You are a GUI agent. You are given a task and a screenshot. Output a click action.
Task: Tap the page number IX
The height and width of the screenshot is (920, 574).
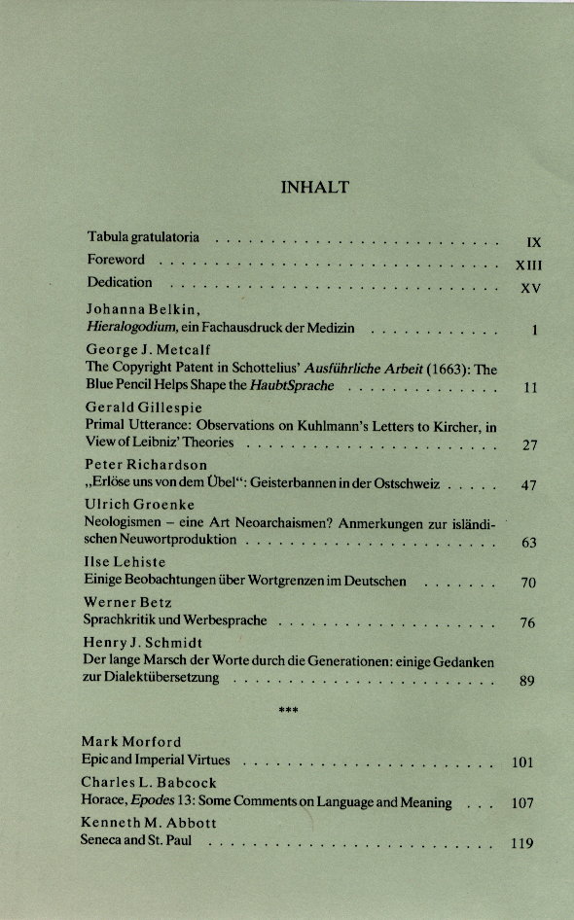point(532,242)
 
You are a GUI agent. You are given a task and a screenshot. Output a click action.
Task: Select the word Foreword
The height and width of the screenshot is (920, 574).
point(116,260)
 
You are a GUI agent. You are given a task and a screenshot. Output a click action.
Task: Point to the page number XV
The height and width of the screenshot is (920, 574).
point(530,288)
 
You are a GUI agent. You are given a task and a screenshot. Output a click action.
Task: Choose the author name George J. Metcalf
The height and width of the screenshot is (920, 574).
point(148,350)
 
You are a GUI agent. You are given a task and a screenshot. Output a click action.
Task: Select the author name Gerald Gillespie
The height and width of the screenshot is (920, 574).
point(144,407)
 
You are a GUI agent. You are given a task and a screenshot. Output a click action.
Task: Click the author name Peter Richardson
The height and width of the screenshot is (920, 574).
point(146,464)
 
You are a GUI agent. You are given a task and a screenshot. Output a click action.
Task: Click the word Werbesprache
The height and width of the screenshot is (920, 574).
point(233,619)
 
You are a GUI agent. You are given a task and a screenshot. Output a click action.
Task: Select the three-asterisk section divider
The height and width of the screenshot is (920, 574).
point(288,711)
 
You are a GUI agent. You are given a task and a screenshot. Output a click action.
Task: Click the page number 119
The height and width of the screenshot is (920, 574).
point(522,843)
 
